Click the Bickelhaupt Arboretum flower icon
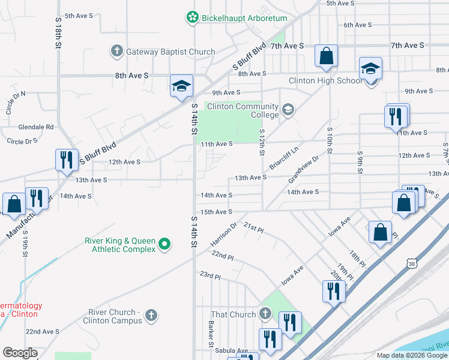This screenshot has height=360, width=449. click(x=192, y=18)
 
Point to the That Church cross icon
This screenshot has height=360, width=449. click(x=265, y=314)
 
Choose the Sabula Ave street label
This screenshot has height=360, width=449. click(x=232, y=351)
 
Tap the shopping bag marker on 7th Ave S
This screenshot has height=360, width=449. click(x=326, y=56)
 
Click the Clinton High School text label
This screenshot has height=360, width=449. click(x=325, y=81)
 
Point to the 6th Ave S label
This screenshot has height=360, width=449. click(x=358, y=25)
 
